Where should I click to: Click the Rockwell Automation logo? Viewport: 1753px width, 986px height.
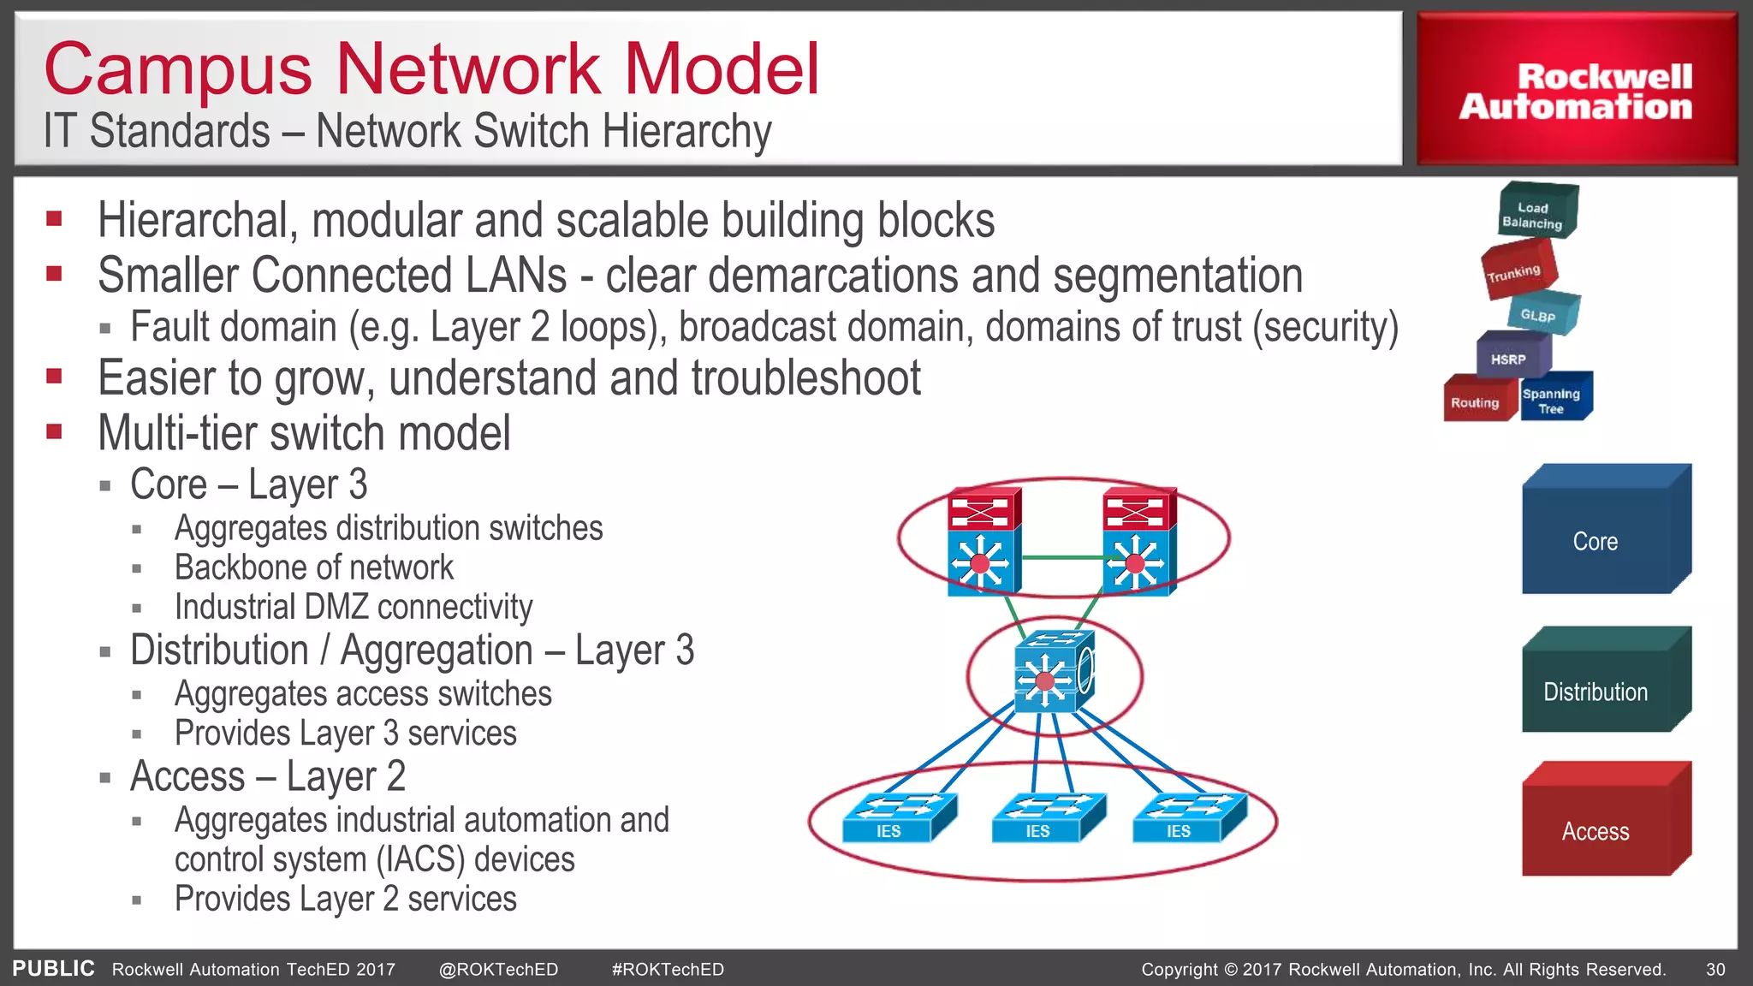(1576, 91)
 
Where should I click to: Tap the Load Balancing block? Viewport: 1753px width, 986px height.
(1536, 212)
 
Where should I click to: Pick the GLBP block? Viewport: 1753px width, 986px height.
(1542, 314)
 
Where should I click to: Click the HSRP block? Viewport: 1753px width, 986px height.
(1511, 357)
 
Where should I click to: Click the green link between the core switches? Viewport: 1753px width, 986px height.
(1061, 558)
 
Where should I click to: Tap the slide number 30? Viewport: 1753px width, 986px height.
(1715, 970)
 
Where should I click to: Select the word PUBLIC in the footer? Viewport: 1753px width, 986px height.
(53, 969)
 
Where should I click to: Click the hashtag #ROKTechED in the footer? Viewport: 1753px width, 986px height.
(668, 970)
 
